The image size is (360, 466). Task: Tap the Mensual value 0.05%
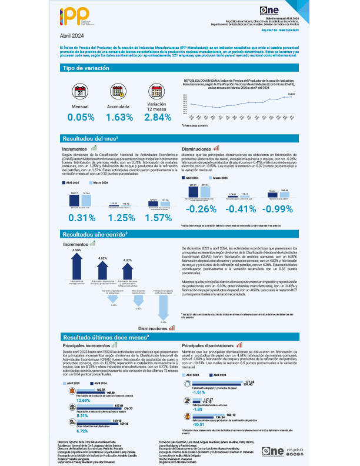[81, 117]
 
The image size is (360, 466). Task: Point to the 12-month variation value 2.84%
[158, 117]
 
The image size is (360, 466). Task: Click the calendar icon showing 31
[81, 92]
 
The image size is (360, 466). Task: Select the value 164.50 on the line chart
[291, 94]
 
